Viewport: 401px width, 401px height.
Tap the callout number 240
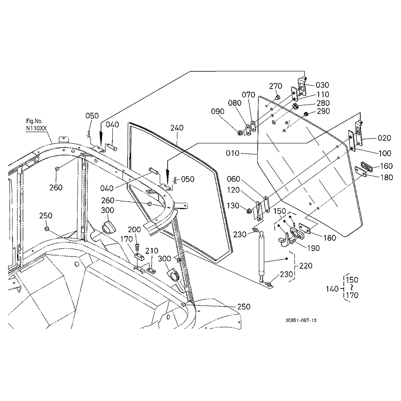click(177, 128)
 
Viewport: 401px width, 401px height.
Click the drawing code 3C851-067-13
click(301, 320)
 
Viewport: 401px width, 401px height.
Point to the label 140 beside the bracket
click(332, 289)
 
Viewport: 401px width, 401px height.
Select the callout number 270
click(275, 86)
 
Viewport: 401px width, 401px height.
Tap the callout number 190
click(313, 248)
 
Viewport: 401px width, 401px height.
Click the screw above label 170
click(137, 247)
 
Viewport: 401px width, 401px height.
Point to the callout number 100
click(385, 153)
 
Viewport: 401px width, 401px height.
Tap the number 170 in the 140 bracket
click(352, 295)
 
